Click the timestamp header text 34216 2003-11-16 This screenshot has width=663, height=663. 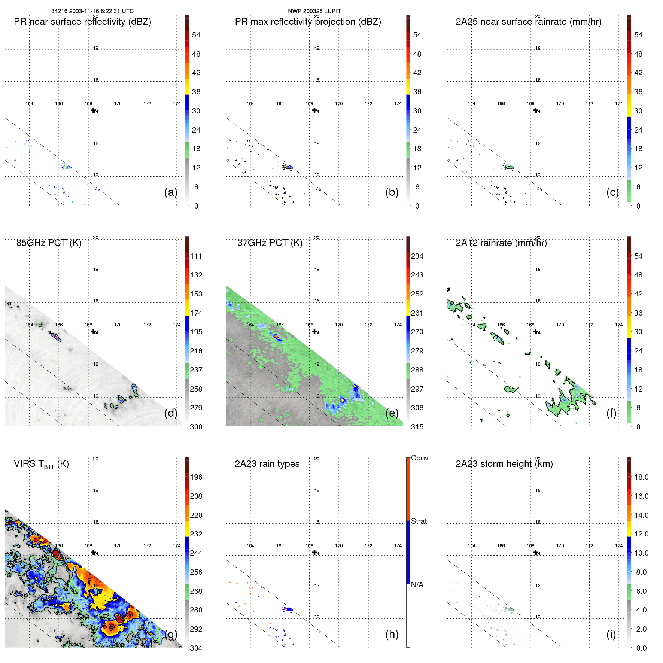point(92,11)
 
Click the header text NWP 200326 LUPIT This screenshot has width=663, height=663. point(314,11)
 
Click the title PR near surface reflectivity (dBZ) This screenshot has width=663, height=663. point(82,22)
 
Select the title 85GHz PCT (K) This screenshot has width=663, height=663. point(49,243)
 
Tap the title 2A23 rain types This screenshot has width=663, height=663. point(267,464)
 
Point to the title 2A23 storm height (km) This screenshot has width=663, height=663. point(504,464)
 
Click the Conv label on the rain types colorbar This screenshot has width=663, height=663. point(419,458)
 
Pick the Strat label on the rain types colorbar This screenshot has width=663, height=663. point(419,521)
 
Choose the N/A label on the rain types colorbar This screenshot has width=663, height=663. point(417,585)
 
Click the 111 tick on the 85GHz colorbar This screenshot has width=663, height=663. point(196,256)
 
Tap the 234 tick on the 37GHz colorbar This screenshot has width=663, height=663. point(417,256)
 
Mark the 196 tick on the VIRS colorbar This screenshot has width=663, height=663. point(196,477)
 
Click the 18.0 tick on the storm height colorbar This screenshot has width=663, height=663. point(641,477)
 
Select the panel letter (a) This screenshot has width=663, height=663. point(170,192)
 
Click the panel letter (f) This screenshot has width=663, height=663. point(611,413)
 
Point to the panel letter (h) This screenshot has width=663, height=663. point(392,634)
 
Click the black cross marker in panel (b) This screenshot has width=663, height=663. point(314,110)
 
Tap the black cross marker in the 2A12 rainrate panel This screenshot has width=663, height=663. point(535,331)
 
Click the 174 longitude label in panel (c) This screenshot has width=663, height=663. point(619,104)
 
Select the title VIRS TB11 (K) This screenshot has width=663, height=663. point(41,464)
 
